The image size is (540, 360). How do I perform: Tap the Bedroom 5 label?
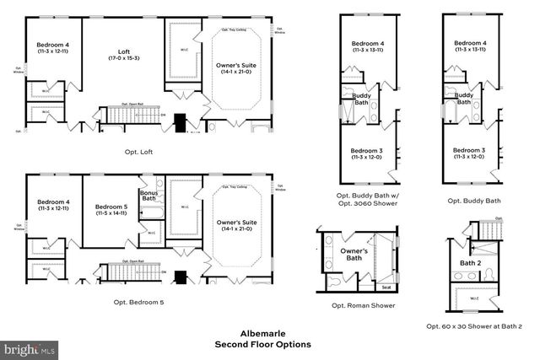tap(111, 207)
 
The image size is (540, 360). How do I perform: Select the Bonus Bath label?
tap(148, 196)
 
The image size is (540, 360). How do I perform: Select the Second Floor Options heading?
tap(262, 344)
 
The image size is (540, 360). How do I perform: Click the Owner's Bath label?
tap(354, 255)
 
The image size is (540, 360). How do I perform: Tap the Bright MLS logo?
tap(30, 347)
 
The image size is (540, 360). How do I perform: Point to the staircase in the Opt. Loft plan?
tap(126, 114)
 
